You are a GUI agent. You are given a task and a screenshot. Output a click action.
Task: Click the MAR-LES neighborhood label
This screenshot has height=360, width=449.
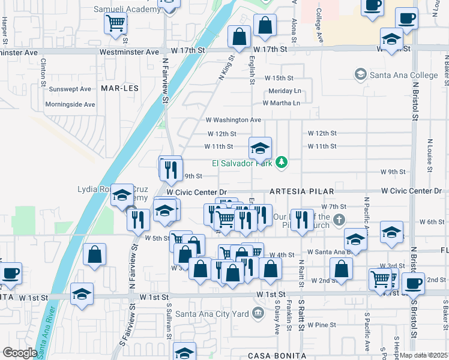point(120,88)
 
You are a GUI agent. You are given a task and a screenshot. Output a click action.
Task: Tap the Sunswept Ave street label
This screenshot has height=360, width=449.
point(70,89)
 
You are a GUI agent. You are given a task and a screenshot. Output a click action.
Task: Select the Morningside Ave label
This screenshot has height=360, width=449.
point(70,104)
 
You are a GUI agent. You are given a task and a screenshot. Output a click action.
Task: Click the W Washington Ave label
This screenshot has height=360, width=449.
point(234,120)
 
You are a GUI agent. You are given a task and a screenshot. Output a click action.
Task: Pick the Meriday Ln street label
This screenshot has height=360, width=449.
point(285,91)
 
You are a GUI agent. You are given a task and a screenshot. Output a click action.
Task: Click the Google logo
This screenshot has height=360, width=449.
point(19,353)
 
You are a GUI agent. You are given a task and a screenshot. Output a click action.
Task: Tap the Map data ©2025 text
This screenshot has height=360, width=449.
point(423,355)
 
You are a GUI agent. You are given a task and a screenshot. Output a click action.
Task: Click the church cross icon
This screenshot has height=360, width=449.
point(340,220)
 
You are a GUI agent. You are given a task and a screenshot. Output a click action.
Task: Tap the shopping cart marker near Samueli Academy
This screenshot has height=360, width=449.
point(115,24)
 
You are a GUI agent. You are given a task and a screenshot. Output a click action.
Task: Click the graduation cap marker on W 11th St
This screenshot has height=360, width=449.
point(260,148)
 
